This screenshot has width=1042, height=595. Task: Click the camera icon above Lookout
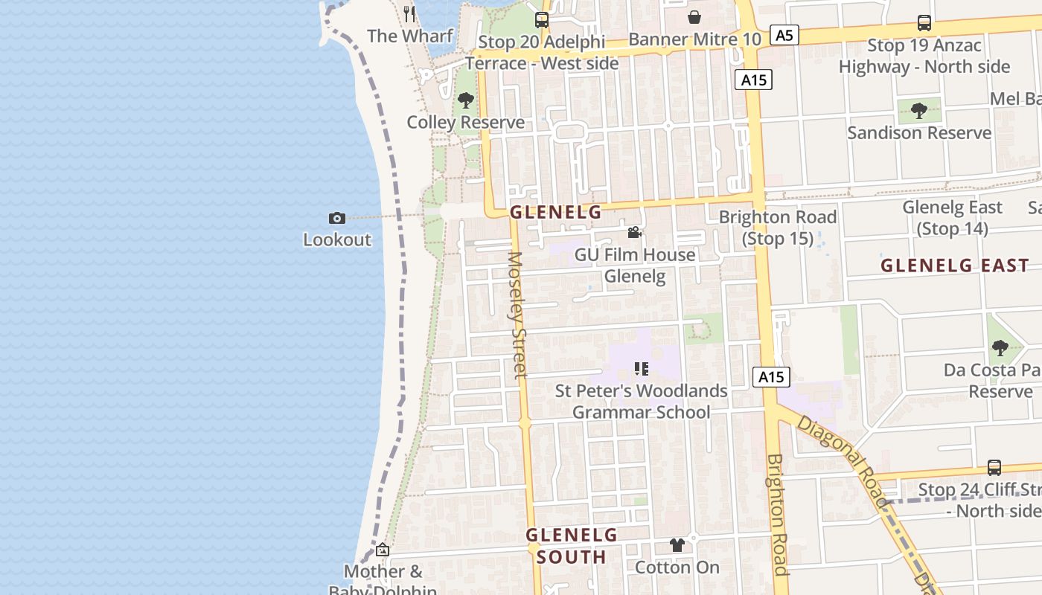337,218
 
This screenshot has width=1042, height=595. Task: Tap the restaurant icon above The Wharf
409,13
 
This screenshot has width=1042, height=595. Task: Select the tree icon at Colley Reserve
466,100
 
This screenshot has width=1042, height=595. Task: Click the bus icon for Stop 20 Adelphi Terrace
542,20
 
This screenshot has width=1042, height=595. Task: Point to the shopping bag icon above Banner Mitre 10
694,17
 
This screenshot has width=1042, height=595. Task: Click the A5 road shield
784,35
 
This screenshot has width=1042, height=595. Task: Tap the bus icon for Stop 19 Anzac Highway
924,23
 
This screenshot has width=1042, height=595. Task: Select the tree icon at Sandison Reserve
919,111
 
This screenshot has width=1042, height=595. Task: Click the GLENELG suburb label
555,213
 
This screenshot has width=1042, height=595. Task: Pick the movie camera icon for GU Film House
634,233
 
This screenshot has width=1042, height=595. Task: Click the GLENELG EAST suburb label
955,266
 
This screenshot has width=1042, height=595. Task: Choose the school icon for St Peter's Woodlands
642,368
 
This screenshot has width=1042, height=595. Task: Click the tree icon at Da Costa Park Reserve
1000,347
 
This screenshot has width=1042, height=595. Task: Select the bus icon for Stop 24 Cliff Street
994,468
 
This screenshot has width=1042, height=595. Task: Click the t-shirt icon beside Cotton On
677,545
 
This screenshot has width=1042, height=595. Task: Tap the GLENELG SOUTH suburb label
572,546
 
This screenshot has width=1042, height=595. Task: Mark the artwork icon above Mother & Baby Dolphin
383,550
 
